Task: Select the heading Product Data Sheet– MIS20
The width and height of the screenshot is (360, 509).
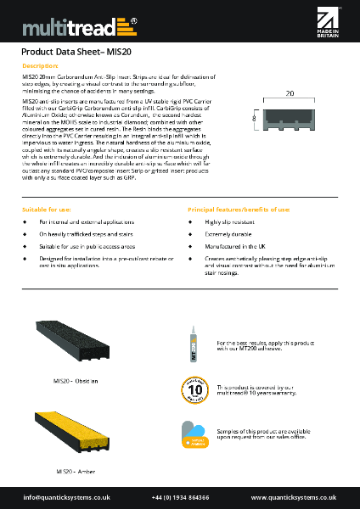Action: tap(73, 52)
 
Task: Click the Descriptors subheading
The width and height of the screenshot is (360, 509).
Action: tap(40, 65)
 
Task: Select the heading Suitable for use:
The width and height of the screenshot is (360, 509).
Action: tap(47, 208)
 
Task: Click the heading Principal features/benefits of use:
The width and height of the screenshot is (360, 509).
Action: tap(239, 208)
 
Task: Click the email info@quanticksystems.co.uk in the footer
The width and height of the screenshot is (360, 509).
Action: tap(66, 497)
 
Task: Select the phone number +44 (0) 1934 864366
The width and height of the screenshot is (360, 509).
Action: tap(180, 497)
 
